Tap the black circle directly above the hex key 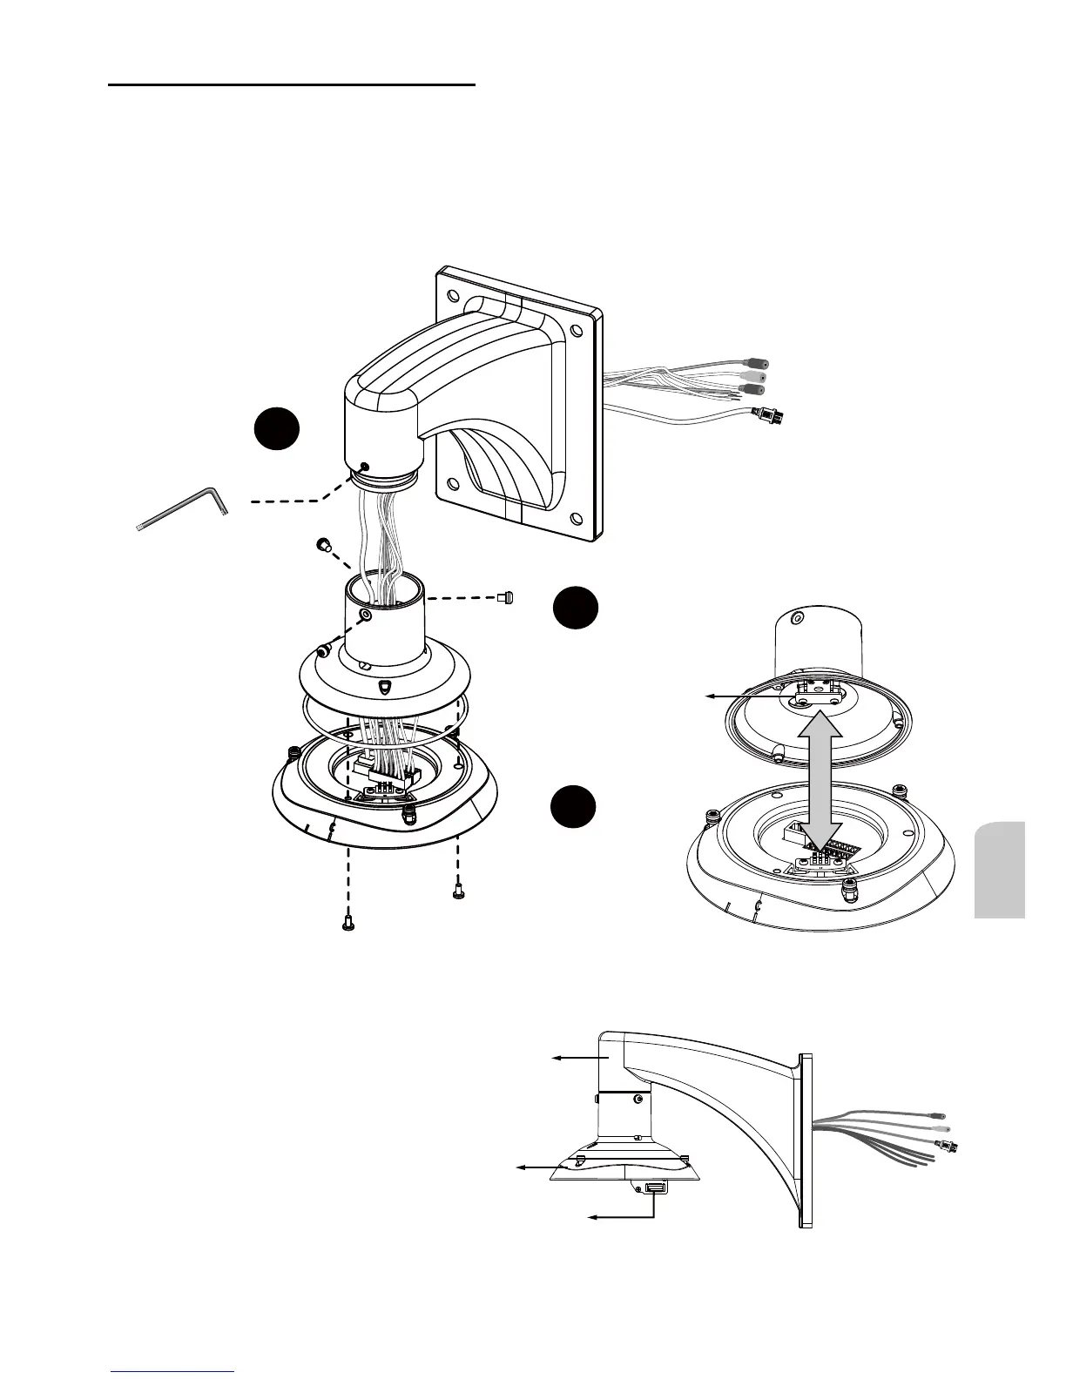[277, 430]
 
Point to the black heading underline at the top [292, 85]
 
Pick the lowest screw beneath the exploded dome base [347, 923]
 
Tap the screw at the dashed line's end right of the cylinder [505, 597]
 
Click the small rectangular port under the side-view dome [655, 1188]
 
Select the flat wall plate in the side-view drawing [806, 1140]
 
